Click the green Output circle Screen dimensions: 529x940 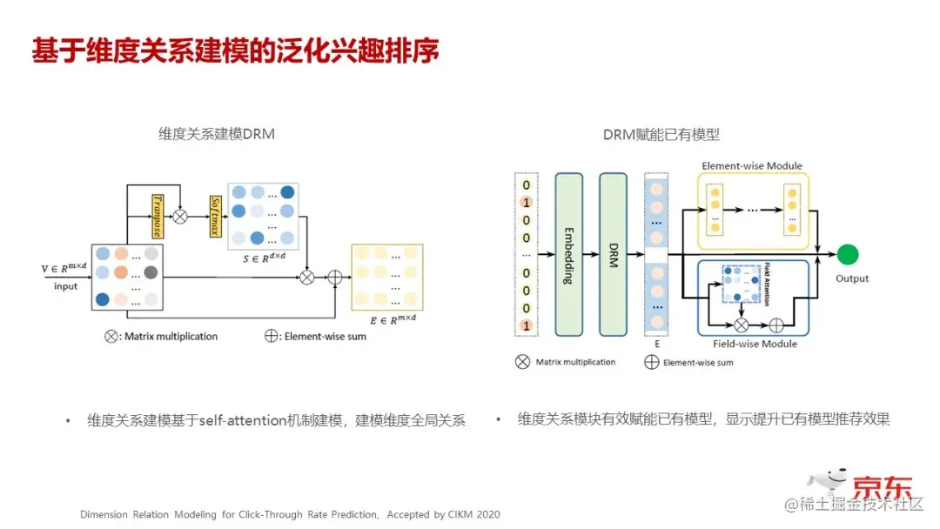847,256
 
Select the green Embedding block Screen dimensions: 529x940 568,254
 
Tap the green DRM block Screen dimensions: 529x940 613,254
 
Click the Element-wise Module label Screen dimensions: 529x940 751,165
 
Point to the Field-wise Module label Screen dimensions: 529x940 749,344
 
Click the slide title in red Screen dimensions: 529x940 235,50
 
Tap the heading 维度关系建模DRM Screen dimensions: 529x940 217,134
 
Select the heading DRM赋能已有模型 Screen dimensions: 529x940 661,134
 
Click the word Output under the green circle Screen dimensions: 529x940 852,278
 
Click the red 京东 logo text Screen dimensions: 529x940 882,484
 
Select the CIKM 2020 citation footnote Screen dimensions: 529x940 290,514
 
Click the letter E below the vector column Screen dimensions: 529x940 656,343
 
